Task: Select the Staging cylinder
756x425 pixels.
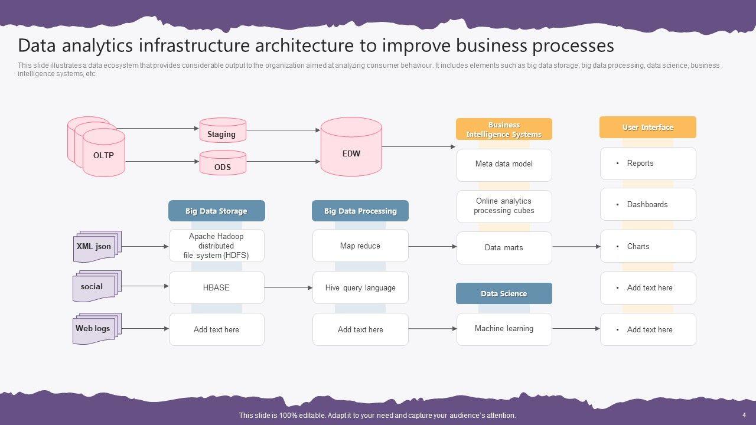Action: pos(223,130)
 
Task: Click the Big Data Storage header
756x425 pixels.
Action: pos(216,211)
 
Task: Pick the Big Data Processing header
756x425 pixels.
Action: pos(360,211)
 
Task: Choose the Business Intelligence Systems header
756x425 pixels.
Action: pos(504,129)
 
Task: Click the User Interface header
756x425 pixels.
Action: pos(647,127)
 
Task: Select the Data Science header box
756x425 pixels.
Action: pos(504,293)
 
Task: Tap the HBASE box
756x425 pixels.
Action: pos(216,287)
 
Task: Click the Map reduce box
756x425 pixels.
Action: pos(360,246)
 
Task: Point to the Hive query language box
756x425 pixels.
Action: pos(360,287)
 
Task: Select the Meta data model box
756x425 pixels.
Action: pos(504,165)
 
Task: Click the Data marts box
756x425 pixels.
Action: pos(504,248)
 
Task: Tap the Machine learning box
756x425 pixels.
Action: pos(504,329)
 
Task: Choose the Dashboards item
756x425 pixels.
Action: pos(648,204)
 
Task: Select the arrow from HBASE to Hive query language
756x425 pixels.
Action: pos(288,288)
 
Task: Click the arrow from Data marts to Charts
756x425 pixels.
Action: pos(576,247)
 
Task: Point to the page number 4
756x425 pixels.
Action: pos(744,415)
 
